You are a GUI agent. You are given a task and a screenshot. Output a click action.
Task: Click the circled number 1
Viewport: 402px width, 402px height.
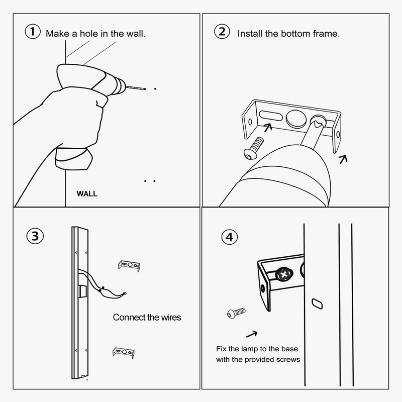click(33, 32)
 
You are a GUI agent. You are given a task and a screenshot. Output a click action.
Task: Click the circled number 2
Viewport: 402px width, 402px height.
click(222, 32)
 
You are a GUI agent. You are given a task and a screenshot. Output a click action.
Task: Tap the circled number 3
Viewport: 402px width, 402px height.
click(35, 236)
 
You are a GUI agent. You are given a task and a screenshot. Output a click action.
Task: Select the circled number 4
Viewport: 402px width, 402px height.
click(230, 237)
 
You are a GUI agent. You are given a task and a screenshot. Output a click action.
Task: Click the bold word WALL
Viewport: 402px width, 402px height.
click(87, 194)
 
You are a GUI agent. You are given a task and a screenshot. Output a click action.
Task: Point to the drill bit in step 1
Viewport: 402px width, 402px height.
click(136, 88)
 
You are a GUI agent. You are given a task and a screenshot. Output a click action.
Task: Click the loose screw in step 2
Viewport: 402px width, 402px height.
click(254, 148)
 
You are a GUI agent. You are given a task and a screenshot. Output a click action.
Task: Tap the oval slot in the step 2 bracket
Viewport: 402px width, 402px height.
click(271, 116)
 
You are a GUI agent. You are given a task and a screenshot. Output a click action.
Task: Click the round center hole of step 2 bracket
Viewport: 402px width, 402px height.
click(296, 119)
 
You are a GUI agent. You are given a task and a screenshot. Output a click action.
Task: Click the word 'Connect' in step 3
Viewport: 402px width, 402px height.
click(128, 318)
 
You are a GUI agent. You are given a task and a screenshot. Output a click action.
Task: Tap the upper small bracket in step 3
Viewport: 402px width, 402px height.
click(129, 266)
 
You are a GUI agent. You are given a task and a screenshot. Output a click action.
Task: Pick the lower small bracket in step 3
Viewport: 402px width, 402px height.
click(124, 353)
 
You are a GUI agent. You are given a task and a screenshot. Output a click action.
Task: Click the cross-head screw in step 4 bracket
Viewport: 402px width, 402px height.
click(284, 275)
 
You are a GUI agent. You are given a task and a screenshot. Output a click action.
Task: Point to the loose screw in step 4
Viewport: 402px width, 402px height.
click(236, 313)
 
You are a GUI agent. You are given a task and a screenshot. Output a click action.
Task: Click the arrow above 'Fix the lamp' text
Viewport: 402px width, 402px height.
click(252, 334)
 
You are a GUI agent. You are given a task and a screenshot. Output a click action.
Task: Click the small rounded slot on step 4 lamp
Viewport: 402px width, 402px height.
click(317, 304)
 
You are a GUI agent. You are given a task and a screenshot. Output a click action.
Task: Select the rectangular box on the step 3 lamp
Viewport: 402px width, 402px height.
click(82, 291)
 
